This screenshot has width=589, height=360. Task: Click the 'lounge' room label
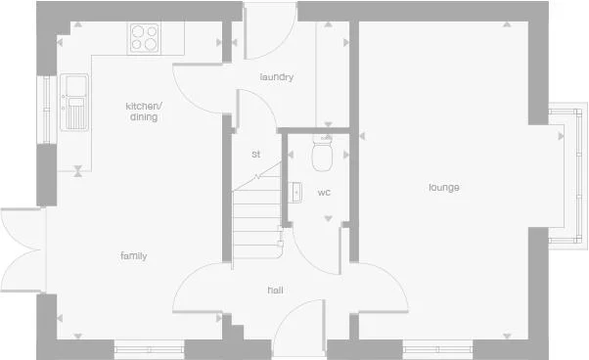click(x=443, y=187)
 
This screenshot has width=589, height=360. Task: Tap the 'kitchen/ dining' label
click(x=143, y=112)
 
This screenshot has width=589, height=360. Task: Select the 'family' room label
click(x=133, y=256)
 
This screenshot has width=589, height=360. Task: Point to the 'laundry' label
click(x=277, y=77)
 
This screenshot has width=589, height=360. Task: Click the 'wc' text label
click(x=324, y=193)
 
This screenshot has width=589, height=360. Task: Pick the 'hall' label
click(x=276, y=291)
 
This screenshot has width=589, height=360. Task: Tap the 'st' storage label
click(x=256, y=155)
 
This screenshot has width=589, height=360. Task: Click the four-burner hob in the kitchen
click(x=143, y=37)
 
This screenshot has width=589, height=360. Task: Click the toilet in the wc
click(x=323, y=153)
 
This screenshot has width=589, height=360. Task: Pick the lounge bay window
click(x=572, y=174)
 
